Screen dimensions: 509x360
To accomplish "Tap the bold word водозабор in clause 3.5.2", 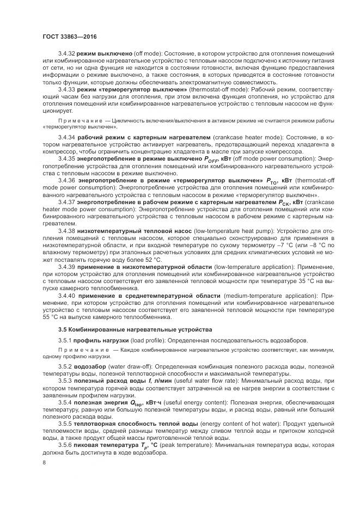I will point(90,367).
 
